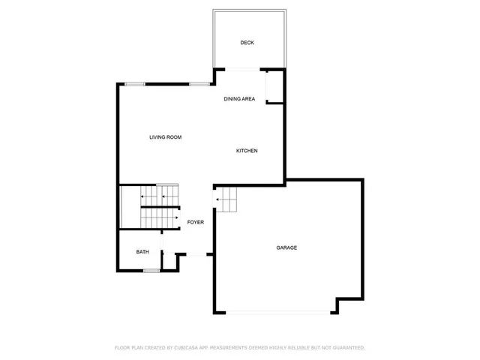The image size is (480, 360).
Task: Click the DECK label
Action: click(247, 43)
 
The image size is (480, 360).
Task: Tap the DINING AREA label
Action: click(239, 99)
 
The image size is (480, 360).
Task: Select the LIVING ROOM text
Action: click(165, 137)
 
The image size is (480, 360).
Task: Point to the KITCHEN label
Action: click(247, 151)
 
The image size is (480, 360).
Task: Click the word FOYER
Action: click(195, 222)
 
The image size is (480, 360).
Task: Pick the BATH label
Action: click(142, 252)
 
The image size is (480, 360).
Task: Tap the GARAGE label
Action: click(286, 247)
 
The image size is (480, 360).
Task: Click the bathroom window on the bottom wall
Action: click(151, 270)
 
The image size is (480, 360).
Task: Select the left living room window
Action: click(135, 83)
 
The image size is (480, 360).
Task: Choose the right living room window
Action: click(199, 83)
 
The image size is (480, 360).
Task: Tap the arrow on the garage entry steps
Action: click(218, 200)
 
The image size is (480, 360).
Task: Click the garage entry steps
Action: click(226, 200)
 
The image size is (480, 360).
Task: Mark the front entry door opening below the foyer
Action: click(196, 256)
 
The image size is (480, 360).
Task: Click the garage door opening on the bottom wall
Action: click(277, 313)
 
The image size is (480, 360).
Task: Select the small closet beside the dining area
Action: click(275, 86)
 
